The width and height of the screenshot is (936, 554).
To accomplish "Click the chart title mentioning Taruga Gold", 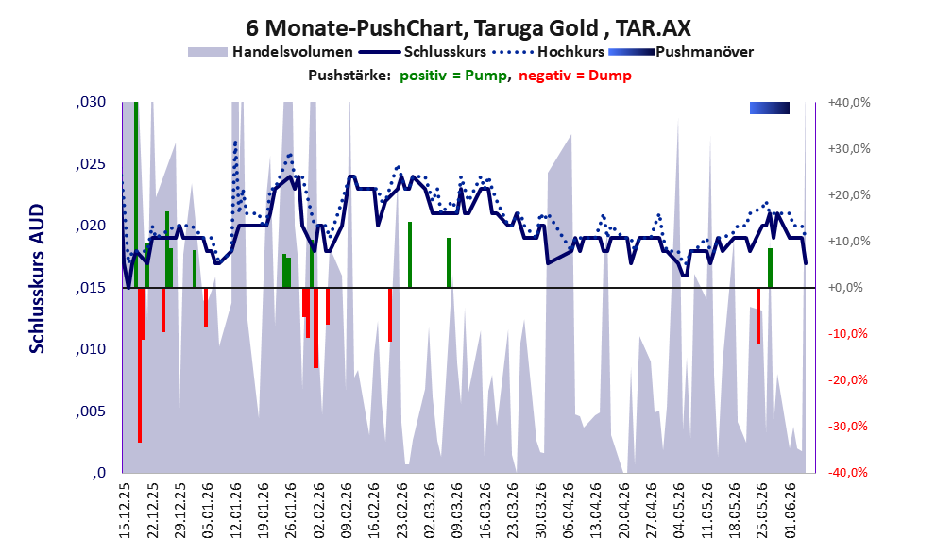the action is [468, 27].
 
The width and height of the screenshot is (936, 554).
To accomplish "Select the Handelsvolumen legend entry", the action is [270, 52].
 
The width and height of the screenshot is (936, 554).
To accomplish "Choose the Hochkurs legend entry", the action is [549, 52].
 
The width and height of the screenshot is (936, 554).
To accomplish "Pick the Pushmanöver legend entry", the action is [681, 52].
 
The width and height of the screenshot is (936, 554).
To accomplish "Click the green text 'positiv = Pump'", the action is [453, 76].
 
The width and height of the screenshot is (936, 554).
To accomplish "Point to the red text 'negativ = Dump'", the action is [575, 76].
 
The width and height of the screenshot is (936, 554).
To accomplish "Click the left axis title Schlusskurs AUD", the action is [37, 278].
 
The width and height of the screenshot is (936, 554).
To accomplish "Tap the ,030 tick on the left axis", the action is [91, 102].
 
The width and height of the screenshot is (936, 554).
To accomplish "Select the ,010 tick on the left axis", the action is [91, 349].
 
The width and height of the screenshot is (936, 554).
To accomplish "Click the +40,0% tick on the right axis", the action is [849, 103].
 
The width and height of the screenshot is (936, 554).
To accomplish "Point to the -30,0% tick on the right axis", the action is [847, 427].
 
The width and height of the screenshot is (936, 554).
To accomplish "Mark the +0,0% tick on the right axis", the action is [845, 288].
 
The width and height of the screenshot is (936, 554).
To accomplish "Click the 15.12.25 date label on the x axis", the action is [125, 511].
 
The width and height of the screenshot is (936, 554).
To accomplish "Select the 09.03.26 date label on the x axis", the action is [457, 511].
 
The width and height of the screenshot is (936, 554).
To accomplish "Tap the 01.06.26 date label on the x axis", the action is [791, 511].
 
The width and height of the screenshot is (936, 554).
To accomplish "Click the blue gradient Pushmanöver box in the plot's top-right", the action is [770, 108].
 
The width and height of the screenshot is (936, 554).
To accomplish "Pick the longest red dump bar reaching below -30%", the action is [140, 365].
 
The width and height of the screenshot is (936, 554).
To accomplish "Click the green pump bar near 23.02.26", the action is [410, 255].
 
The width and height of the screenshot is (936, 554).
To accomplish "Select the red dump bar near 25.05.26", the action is [758, 316].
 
